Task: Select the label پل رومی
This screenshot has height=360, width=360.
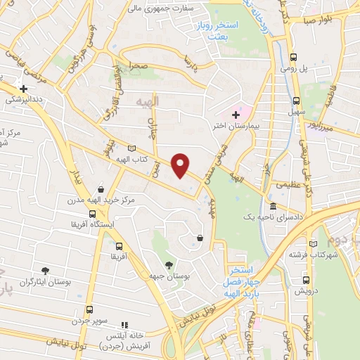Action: (x=315, y=71)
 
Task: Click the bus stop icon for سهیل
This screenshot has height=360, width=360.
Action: (x=297, y=100)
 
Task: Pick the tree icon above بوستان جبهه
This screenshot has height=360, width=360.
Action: (x=168, y=265)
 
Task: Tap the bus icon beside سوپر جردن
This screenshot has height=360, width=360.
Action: (x=89, y=309)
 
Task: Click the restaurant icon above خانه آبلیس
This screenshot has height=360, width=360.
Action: (x=124, y=325)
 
